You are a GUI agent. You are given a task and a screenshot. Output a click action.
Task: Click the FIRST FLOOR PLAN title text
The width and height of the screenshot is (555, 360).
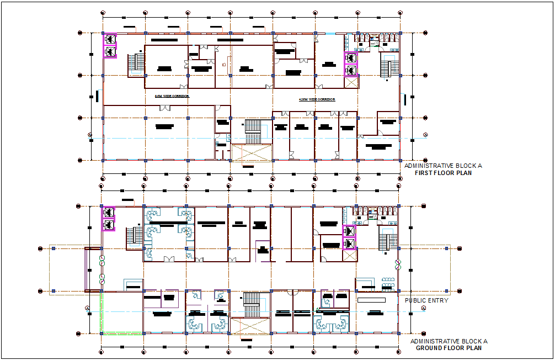443,173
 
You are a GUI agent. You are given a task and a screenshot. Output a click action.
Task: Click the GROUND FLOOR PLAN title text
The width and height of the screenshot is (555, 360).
449,348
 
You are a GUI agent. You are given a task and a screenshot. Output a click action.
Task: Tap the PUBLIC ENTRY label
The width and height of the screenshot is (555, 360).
426,300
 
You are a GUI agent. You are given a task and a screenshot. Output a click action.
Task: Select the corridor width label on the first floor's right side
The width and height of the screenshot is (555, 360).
317,99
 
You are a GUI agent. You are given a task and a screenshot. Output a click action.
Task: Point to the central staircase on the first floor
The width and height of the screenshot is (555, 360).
252,132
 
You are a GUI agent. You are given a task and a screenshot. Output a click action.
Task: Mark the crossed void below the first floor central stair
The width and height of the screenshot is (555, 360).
252,152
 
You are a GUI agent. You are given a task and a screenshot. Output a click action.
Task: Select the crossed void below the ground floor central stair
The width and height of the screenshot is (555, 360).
252,326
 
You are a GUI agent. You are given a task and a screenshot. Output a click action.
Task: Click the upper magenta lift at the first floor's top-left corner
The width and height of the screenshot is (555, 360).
110,39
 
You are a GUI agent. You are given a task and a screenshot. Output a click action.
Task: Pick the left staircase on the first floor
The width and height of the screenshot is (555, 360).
136,63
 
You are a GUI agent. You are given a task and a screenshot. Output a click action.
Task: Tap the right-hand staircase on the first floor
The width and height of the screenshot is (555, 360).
389,68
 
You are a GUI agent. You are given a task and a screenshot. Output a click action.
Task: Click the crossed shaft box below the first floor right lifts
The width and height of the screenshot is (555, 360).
350,82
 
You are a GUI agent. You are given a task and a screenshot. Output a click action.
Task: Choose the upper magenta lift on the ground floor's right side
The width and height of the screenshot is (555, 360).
349,231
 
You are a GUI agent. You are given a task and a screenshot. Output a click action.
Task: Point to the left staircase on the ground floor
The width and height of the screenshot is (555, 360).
134,237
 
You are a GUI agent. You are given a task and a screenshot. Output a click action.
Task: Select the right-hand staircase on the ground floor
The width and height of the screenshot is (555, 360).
388,240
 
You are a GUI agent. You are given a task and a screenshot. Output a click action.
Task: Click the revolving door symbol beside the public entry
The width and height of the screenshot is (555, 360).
397,264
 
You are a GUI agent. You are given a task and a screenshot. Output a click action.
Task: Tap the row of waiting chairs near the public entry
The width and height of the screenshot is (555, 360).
388,281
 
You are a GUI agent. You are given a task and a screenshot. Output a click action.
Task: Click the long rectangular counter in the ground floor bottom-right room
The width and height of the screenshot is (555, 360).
371,299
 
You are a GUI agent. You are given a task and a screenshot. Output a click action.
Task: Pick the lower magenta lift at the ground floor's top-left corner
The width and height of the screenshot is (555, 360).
109,225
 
